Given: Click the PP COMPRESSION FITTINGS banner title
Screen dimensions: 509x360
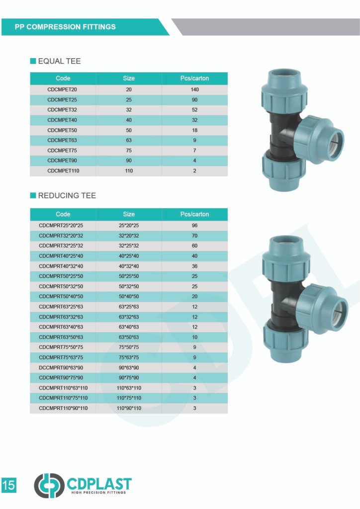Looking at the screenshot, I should (65, 27).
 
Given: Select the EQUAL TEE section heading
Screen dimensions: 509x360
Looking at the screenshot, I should (59, 61).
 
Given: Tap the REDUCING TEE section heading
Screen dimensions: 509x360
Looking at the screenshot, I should (67, 195).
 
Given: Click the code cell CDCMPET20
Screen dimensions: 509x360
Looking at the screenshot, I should (63, 90).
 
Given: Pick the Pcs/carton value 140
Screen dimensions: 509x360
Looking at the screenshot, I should (194, 90).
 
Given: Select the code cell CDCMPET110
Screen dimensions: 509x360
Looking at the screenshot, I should (63, 171).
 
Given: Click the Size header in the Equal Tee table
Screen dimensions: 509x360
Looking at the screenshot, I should (129, 78).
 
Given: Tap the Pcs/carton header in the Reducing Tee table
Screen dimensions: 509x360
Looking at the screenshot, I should (194, 214).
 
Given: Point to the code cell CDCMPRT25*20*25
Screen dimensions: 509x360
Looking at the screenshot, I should (63, 226).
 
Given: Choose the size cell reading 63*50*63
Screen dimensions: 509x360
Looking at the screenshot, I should (129, 337).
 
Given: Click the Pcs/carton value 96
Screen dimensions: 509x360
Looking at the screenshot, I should (194, 226).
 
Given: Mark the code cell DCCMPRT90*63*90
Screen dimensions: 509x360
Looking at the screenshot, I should (63, 368).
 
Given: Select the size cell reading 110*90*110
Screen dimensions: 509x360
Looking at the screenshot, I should (129, 408).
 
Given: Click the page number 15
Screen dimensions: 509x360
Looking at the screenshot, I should (9, 485).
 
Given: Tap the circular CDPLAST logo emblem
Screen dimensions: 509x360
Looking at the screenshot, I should (49, 485).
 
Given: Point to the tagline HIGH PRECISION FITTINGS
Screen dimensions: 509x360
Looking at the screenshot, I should (98, 493).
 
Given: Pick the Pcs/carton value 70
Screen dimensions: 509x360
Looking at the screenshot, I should (194, 236).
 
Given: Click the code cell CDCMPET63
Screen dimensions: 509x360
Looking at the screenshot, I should (63, 141).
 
